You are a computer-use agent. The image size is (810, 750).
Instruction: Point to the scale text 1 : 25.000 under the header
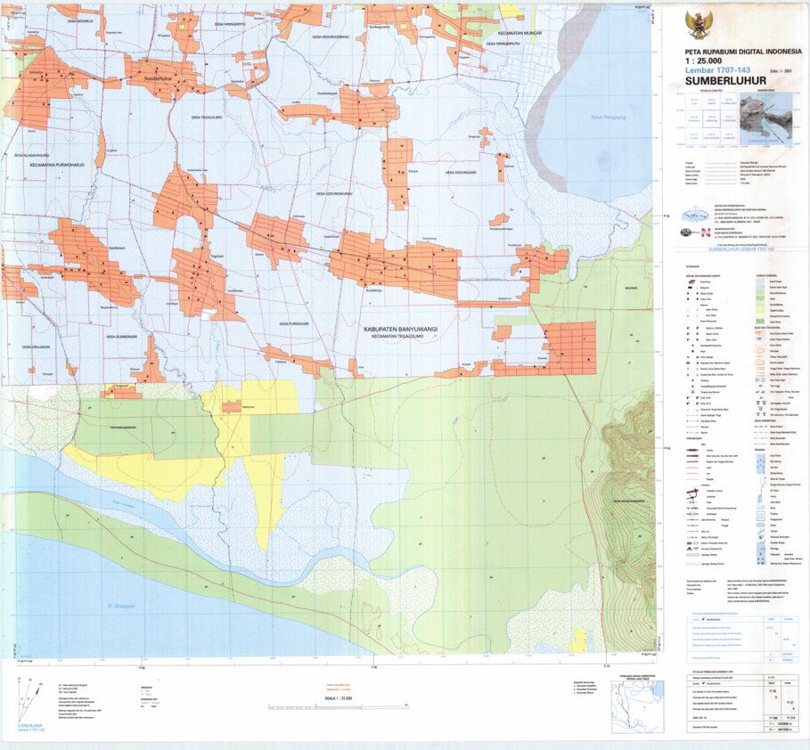click(x=709, y=61)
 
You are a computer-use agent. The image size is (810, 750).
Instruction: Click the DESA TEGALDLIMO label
click(x=209, y=116)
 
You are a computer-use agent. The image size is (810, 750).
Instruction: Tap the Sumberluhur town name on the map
click(x=156, y=78)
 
